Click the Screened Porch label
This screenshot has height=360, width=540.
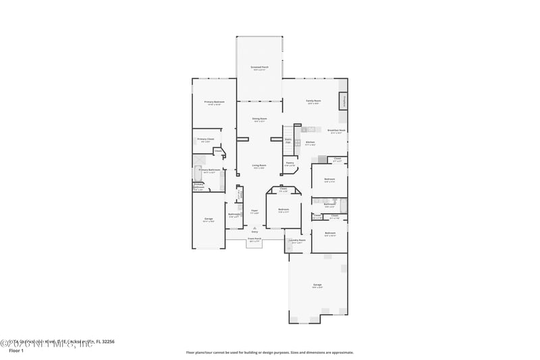pos(259,68)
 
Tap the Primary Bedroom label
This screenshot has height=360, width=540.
pos(214,102)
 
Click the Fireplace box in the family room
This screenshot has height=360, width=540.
pos(344,101)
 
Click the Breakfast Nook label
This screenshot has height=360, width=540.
pos(336,130)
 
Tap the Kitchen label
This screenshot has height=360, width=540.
pos(310,143)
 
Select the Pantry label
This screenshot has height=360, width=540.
pos(290,163)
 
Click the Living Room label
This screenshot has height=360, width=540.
pos(259,165)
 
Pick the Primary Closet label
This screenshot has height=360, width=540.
pos(206,140)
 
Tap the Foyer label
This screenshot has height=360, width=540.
pos(254,211)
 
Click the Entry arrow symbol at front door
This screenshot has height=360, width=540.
pos(254,228)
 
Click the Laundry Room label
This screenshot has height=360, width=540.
pos(298,240)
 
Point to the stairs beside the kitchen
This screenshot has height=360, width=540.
pos(288,141)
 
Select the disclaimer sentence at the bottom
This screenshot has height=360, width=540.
pos(269,352)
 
